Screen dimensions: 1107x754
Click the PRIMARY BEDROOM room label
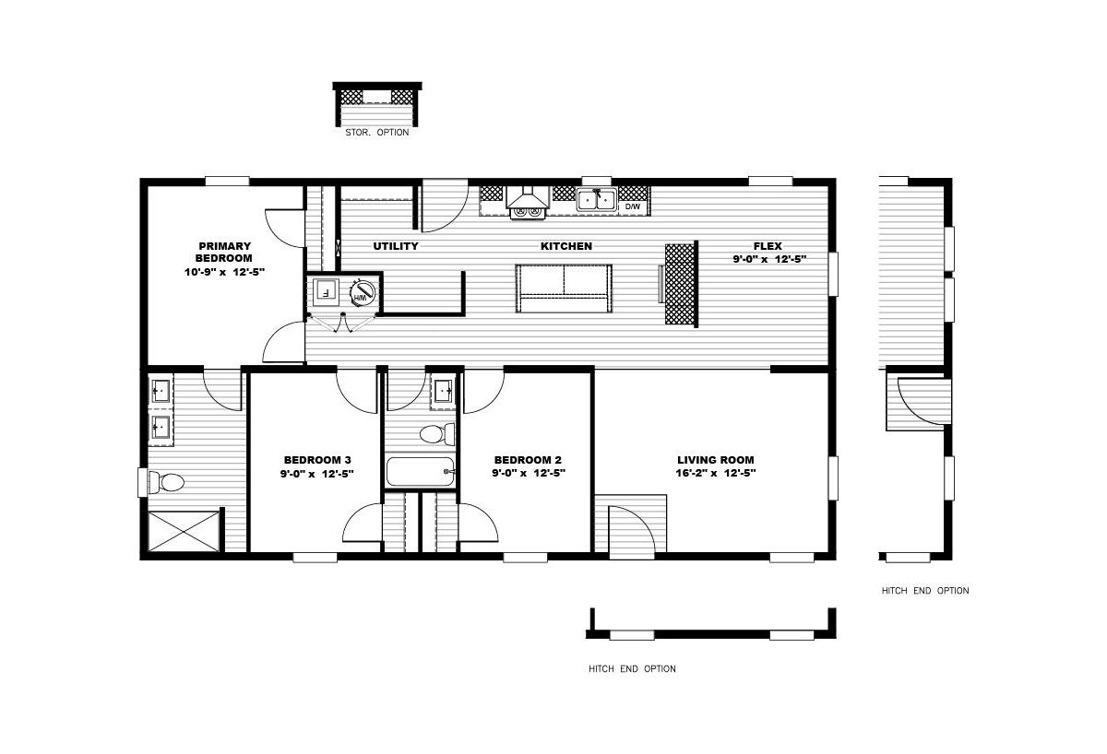pyautogui.click(x=224, y=252)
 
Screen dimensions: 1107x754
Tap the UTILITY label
pyautogui.click(x=396, y=246)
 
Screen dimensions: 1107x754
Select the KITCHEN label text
pyautogui.click(x=565, y=246)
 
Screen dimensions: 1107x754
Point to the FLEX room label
pyautogui.click(x=768, y=246)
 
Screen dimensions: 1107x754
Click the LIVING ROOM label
pyautogui.click(x=716, y=460)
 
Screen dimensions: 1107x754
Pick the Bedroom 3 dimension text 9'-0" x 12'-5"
pyautogui.click(x=316, y=474)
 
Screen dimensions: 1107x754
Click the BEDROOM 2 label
pyautogui.click(x=528, y=460)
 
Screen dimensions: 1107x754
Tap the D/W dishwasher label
pyautogui.click(x=633, y=206)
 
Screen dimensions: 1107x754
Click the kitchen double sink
pyautogui.click(x=597, y=199)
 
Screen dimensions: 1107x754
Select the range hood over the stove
pyautogui.click(x=528, y=197)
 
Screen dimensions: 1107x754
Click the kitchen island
pyautogui.click(x=564, y=289)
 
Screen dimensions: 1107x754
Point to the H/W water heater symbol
pyautogui.click(x=362, y=292)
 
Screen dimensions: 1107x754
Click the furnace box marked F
pyautogui.click(x=326, y=292)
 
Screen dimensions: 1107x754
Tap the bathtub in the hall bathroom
pyautogui.click(x=420, y=472)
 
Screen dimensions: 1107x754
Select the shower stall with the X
pyautogui.click(x=184, y=531)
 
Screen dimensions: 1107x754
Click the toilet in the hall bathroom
pyautogui.click(x=437, y=434)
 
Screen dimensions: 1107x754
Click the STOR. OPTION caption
pyautogui.click(x=377, y=133)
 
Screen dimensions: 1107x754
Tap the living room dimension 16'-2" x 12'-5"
pyautogui.click(x=716, y=473)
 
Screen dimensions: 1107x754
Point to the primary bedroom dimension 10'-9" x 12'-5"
pyautogui.click(x=224, y=272)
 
